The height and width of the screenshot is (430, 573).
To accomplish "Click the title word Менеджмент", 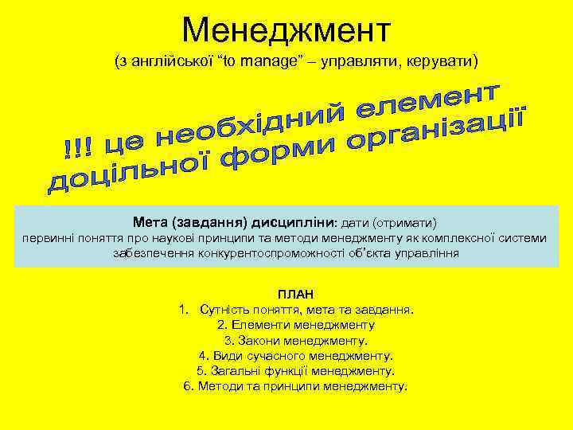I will coord(286,29).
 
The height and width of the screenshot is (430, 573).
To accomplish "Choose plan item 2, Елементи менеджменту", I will coord(295,325).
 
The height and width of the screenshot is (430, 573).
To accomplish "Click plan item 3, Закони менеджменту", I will coord(295,340).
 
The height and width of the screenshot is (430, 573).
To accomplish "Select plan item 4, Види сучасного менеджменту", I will coord(295,355).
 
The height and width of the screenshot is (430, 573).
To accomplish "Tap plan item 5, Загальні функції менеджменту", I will coord(295,370).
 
